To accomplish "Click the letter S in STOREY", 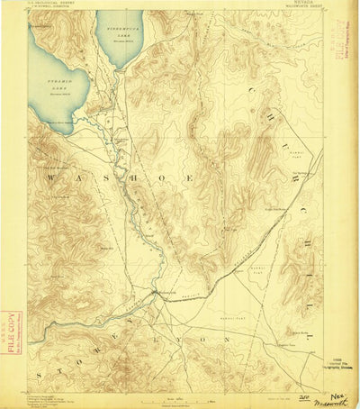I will [x=37, y=369].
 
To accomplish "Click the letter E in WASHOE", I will [x=188, y=180].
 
